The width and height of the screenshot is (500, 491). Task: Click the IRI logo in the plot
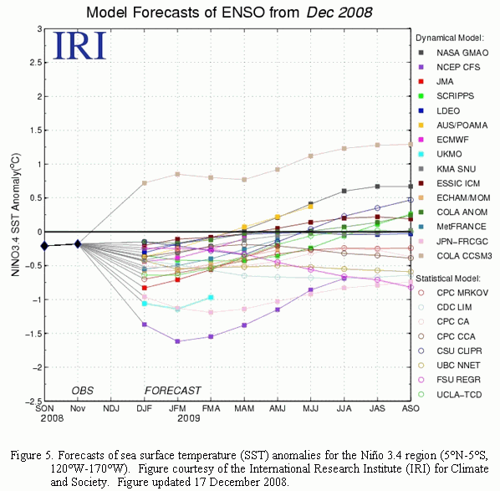[x=79, y=46]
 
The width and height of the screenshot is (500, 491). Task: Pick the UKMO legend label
[x=449, y=154]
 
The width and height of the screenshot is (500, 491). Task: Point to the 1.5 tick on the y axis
[x=35, y=130]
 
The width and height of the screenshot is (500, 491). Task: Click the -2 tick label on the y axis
[x=36, y=367]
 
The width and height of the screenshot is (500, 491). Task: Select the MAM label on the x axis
[x=244, y=408]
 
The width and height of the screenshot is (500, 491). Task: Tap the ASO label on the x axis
[x=411, y=408]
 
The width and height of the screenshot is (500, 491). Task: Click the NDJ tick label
[x=111, y=408]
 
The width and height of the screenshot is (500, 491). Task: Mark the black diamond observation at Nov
[x=78, y=244]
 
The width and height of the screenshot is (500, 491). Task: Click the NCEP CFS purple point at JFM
[x=177, y=341]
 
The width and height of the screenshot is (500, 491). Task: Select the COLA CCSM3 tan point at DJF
[x=145, y=183]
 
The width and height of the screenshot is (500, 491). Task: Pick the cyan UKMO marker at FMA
[x=211, y=297]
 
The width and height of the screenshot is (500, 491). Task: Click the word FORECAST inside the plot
[x=173, y=391]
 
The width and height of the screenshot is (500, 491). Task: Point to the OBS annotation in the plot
[x=82, y=391]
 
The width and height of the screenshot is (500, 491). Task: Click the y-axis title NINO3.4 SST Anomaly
[x=15, y=214]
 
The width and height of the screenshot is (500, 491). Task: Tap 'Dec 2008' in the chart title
[x=339, y=13]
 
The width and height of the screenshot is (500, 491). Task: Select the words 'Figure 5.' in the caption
[x=32, y=455]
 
